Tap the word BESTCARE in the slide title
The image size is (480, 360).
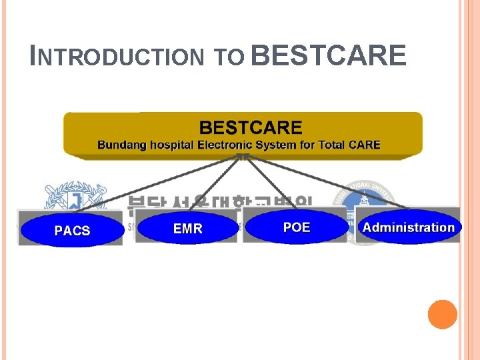pyautogui.click(x=329, y=55)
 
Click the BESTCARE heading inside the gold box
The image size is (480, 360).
pyautogui.click(x=251, y=127)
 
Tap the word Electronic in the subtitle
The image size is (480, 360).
pyautogui.click(x=223, y=145)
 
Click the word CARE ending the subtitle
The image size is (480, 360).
pyautogui.click(x=365, y=145)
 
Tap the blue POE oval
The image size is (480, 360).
pyautogui.click(x=297, y=227)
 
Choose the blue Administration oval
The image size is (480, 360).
pyautogui.click(x=408, y=227)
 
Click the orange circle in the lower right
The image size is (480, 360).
pyautogui.click(x=443, y=315)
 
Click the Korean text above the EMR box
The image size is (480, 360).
pyautogui.click(x=220, y=203)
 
